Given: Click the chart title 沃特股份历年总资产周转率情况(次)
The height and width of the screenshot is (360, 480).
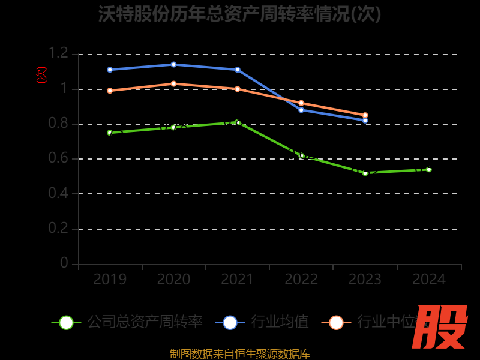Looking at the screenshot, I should (x=239, y=14).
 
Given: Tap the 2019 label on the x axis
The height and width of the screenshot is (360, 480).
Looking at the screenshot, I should (x=110, y=280).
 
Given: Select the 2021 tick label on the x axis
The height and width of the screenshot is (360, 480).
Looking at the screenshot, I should (x=238, y=280).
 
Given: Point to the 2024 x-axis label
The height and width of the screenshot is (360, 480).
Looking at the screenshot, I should (x=429, y=280).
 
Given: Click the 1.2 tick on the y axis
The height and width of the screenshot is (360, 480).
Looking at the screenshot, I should (x=59, y=54).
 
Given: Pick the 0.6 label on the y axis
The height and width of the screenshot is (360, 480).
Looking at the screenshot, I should (x=59, y=159).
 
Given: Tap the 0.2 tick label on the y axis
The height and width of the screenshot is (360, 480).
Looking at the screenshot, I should (x=59, y=229).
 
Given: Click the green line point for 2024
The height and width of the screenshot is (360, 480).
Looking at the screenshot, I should (x=429, y=170).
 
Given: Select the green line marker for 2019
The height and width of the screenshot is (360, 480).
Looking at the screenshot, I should (x=110, y=133).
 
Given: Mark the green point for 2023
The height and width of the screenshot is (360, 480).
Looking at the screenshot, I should (x=365, y=173).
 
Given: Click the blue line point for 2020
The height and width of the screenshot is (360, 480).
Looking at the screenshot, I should (x=173, y=64).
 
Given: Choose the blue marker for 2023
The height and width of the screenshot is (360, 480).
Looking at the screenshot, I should (x=365, y=121).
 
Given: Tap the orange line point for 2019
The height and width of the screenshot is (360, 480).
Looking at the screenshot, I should (x=110, y=91).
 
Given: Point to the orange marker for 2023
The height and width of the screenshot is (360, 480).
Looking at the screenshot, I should (x=365, y=115).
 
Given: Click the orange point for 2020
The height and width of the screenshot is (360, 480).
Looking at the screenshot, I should (x=173, y=83).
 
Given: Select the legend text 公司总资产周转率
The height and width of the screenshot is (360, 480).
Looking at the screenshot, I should (x=145, y=322).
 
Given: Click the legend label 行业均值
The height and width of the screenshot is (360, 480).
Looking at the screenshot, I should (x=280, y=322).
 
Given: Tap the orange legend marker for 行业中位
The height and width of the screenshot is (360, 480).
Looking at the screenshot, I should (x=337, y=322).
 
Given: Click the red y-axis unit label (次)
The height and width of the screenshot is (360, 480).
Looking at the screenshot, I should (x=41, y=75).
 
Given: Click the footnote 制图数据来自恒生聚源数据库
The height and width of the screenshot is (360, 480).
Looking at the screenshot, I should (x=239, y=353).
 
